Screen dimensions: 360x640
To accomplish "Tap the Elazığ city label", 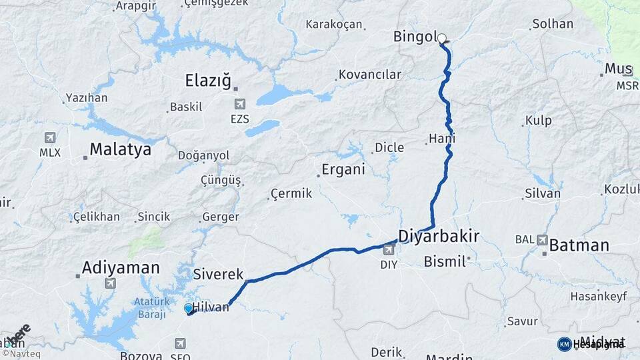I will pyautogui.click(x=208, y=82).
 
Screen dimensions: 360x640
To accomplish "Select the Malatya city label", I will pyautogui.click(x=120, y=149).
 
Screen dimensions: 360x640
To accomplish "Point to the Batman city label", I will pyautogui.click(x=579, y=245).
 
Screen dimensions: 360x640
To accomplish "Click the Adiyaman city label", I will pyautogui.click(x=121, y=268).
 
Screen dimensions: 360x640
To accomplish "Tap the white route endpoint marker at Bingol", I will pyautogui.click(x=441, y=39).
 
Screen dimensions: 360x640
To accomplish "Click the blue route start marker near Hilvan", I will pyautogui.click(x=189, y=308).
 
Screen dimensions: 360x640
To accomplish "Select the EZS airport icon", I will pyautogui.click(x=239, y=104).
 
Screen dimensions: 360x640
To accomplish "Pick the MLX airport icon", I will pyautogui.click(x=49, y=138).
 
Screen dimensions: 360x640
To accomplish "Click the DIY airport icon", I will pyautogui.click(x=389, y=250).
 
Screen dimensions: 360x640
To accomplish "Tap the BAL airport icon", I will pyautogui.click(x=542, y=239).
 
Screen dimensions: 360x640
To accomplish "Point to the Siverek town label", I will pyautogui.click(x=218, y=275).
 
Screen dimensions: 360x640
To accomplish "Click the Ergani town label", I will pyautogui.click(x=343, y=169).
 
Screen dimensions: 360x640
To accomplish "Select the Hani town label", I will pyautogui.click(x=443, y=139).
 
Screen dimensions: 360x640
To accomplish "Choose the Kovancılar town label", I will pyautogui.click(x=370, y=75).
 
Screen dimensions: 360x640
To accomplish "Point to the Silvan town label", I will pyautogui.click(x=543, y=193).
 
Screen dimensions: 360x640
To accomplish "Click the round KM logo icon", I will pyautogui.click(x=564, y=344).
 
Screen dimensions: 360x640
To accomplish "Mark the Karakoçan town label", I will pyautogui.click(x=333, y=25).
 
